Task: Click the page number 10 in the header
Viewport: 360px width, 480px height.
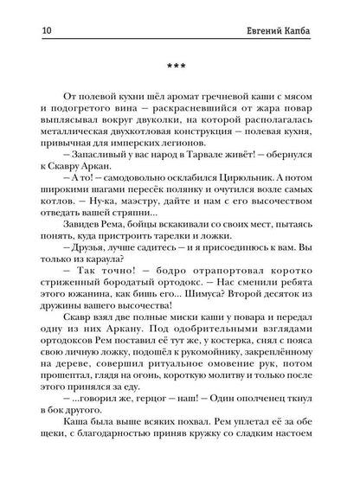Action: click(21, 10)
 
